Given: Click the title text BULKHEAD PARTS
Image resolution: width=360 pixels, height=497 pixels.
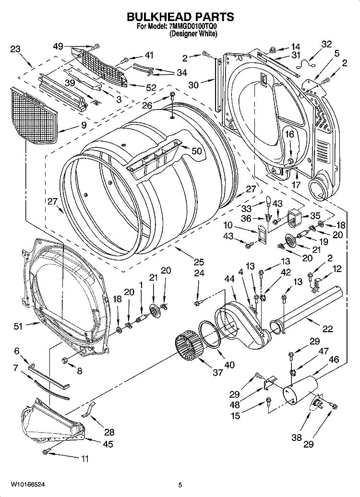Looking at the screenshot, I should (180, 17).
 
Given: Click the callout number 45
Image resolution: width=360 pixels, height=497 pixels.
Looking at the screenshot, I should (108, 444).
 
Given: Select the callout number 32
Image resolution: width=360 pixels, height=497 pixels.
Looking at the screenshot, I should (326, 44).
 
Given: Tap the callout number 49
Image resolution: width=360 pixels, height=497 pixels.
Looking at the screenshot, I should (58, 46).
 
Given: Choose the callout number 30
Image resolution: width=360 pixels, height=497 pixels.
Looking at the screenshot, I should (193, 85).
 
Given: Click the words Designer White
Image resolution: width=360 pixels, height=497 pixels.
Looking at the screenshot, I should (193, 34).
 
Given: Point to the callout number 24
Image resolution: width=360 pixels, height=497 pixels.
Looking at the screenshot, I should (198, 273).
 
